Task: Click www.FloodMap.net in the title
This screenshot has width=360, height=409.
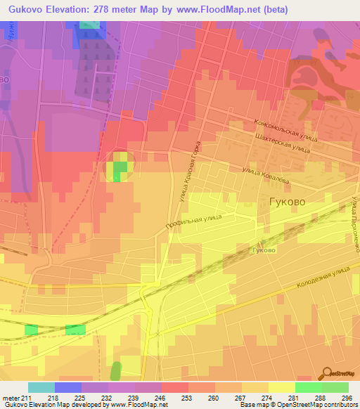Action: pyautogui.click(x=223, y=8)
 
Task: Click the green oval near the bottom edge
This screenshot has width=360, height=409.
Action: pyautogui.click(x=115, y=370)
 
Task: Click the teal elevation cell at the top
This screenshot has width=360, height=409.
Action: pyautogui.click(x=89, y=25)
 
